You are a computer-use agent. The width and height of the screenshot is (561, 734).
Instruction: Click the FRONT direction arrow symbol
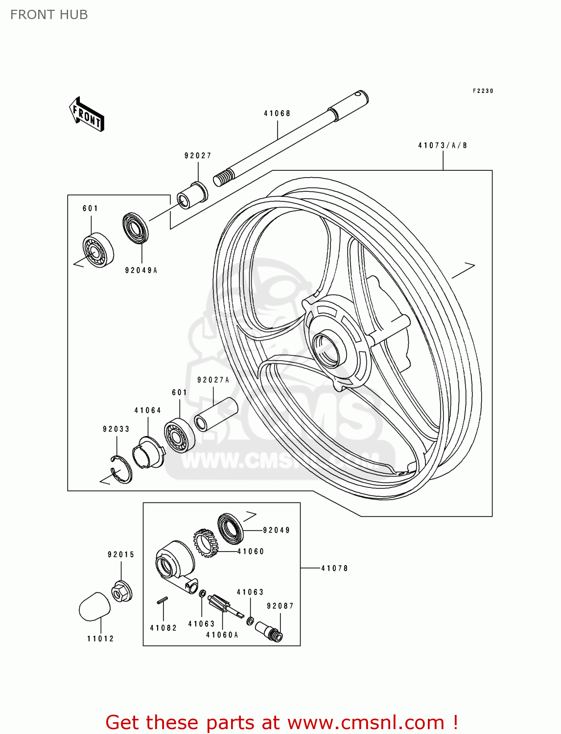point(87,114)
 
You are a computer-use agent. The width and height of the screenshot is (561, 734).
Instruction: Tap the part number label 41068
point(277,114)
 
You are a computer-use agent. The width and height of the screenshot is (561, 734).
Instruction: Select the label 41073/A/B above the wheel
point(443,145)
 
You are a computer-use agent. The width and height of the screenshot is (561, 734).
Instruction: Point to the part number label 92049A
point(141,270)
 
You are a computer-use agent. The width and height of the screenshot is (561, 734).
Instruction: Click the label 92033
point(116,429)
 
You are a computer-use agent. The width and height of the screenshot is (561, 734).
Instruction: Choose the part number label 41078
point(334,568)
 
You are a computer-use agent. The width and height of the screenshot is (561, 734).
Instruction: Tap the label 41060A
point(222,635)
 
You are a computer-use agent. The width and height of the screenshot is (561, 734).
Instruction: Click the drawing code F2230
point(483,91)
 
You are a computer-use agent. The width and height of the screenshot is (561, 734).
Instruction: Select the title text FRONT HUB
point(49,15)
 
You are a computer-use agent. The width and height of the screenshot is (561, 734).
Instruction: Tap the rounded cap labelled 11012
point(94,607)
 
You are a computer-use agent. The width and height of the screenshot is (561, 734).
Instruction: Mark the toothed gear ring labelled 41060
point(206,543)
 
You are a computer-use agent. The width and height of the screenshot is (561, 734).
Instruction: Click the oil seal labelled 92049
point(230,528)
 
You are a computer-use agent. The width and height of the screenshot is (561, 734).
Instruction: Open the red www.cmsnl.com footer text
point(281,722)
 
